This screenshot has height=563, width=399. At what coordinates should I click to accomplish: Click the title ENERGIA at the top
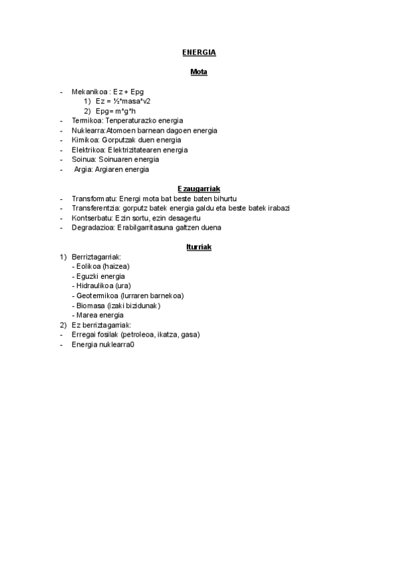coord(199,52)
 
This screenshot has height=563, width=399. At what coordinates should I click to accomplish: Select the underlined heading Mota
coord(199,72)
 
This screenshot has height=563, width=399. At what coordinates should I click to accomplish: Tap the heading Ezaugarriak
coord(199,189)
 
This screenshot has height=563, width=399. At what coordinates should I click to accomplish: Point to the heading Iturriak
coord(199,247)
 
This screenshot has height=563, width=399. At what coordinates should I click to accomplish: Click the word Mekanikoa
coord(90,91)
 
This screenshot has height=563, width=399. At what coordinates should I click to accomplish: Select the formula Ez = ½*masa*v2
coord(123,101)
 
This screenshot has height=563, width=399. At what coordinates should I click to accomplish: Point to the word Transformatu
coord(94,199)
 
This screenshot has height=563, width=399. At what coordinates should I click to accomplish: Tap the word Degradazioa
coord(92,228)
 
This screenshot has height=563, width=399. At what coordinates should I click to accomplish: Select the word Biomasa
coord(90,305)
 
